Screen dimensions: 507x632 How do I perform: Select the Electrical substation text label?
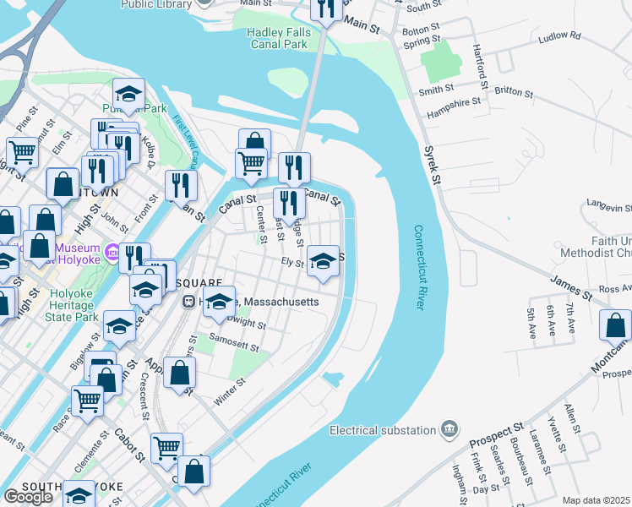click(384, 430)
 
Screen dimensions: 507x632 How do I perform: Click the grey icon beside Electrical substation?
click(449, 430)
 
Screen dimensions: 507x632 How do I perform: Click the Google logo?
click(28, 497)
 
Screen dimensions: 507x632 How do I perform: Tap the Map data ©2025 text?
click(596, 500)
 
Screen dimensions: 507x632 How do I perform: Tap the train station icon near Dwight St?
click(191, 301)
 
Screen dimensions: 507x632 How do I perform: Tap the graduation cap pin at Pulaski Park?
click(128, 95)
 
